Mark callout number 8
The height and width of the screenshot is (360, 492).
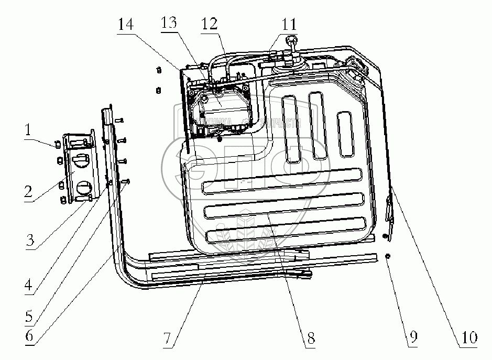[x=311, y=338]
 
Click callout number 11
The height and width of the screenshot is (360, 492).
[x=287, y=25]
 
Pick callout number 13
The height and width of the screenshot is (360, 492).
[x=170, y=25]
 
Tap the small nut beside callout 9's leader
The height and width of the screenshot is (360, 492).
[x=387, y=256]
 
